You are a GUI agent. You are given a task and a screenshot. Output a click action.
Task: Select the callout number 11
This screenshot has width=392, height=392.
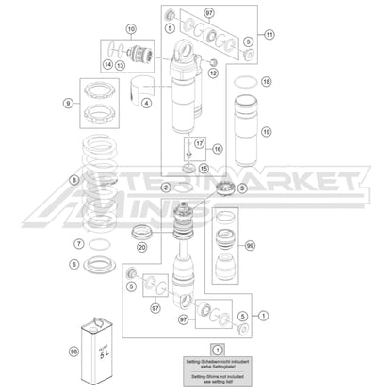click(269, 35)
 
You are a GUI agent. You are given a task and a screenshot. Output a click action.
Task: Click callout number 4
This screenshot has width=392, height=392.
click(146, 103)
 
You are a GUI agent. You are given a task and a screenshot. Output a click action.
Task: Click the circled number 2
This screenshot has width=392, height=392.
click(166, 188)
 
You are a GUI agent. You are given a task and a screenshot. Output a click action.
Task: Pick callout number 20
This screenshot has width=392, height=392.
click(141, 248)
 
